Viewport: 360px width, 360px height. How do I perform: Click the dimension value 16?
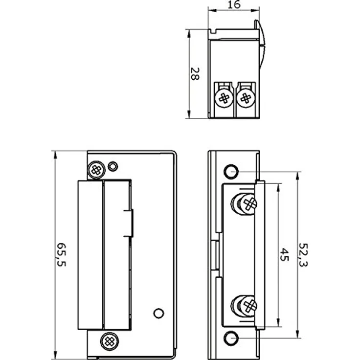point(234,5)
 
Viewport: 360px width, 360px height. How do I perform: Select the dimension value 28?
point(194,74)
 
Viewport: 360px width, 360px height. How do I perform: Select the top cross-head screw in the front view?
point(96,170)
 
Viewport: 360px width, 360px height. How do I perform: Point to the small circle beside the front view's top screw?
point(112,166)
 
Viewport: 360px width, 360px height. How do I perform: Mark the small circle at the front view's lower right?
point(158,313)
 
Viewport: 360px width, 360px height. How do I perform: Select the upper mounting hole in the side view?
point(231,171)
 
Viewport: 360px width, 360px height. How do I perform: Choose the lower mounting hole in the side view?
point(231,338)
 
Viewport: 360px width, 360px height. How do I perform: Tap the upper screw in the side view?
point(247,203)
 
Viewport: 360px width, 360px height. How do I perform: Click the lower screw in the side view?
point(247,306)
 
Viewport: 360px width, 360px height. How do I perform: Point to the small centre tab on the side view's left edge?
point(215,254)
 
